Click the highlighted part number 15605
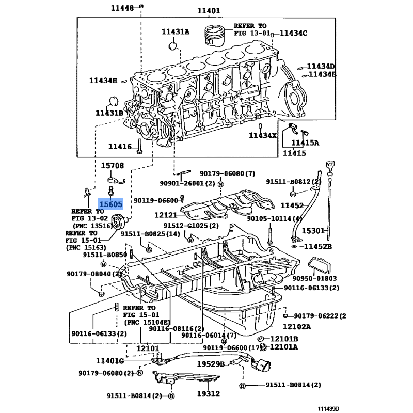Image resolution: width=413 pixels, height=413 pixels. coord(110,204)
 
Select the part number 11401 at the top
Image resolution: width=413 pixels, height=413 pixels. coord(209,11)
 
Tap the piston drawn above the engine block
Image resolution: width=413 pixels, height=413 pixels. coord(215,35)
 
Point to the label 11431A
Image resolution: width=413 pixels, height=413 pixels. coord(176,32)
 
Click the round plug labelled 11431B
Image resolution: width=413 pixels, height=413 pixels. coord(114,102)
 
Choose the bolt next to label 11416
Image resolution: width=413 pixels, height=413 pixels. coord(139,147)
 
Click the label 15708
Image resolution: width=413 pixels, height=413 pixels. coord(113,165)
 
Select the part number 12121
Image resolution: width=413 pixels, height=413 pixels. coord(166,215)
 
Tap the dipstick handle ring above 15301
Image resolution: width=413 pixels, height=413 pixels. coord(330,166)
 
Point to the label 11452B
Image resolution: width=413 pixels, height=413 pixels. coord(318,247)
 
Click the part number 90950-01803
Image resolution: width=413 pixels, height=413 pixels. coord(314,278)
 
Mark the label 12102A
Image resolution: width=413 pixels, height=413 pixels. coord(297,327)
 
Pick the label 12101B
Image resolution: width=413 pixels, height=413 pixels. coord(284,339)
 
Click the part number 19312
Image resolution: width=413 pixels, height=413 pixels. coord(209,394)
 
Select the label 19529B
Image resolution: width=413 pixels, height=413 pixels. coord(211,364)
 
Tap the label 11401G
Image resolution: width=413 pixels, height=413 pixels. coord(110,361)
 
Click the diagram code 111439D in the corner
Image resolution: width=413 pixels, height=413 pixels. coord(328,409)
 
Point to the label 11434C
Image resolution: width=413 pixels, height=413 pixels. coord(293,33)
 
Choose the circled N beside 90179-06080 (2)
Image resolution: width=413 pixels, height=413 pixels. coord(140,373)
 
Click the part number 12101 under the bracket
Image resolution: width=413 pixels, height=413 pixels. coord(148,348)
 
